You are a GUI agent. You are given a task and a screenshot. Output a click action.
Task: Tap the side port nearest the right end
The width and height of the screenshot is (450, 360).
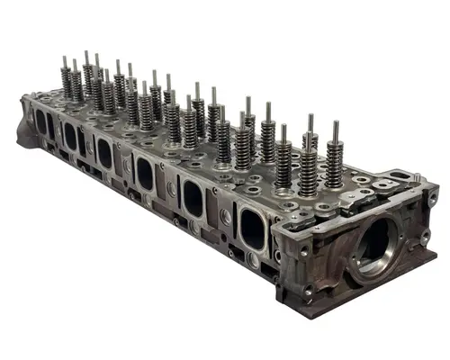(254, 228)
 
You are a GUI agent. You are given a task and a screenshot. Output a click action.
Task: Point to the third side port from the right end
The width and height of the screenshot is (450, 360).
(144, 172)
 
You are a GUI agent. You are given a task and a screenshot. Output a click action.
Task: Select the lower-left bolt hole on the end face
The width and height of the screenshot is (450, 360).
(309, 292)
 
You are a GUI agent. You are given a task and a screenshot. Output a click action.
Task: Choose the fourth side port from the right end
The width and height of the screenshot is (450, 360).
(104, 152)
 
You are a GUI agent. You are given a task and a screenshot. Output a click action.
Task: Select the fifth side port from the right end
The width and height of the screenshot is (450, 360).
(70, 136)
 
